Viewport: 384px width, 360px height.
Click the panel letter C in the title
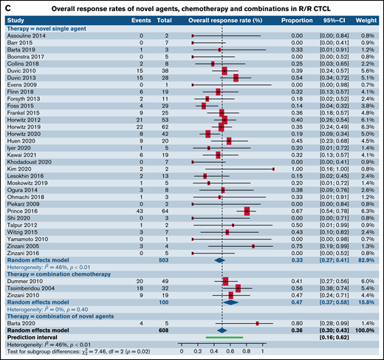click(7, 7)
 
